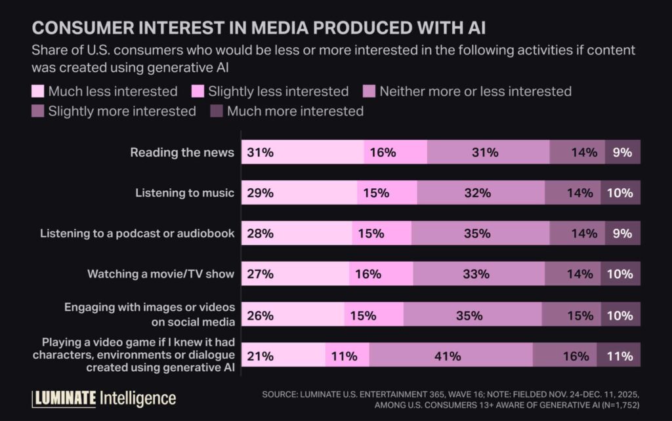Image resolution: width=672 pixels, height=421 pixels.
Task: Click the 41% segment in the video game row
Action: (x=451, y=357)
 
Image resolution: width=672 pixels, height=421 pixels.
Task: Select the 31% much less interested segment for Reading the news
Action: (x=303, y=152)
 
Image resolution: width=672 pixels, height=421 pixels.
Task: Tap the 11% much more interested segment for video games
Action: (x=618, y=357)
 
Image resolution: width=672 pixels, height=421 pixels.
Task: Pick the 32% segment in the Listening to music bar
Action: (x=480, y=193)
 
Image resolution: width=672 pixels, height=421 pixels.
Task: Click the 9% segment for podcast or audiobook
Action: (x=622, y=233)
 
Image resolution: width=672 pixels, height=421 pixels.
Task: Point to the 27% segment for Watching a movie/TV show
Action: (x=295, y=274)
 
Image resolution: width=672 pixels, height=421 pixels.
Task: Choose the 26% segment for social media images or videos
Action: (x=293, y=315)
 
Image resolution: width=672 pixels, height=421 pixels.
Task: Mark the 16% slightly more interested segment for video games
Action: (x=564, y=357)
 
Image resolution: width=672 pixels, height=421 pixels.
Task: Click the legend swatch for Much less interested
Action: (x=38, y=92)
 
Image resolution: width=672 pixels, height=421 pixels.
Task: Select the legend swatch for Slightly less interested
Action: (x=198, y=92)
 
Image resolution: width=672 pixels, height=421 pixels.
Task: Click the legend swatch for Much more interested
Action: (x=217, y=111)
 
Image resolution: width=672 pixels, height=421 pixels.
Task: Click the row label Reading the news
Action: (x=182, y=153)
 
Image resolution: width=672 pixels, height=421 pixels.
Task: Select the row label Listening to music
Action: (x=184, y=193)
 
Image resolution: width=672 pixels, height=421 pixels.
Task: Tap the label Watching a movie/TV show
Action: (x=161, y=274)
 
